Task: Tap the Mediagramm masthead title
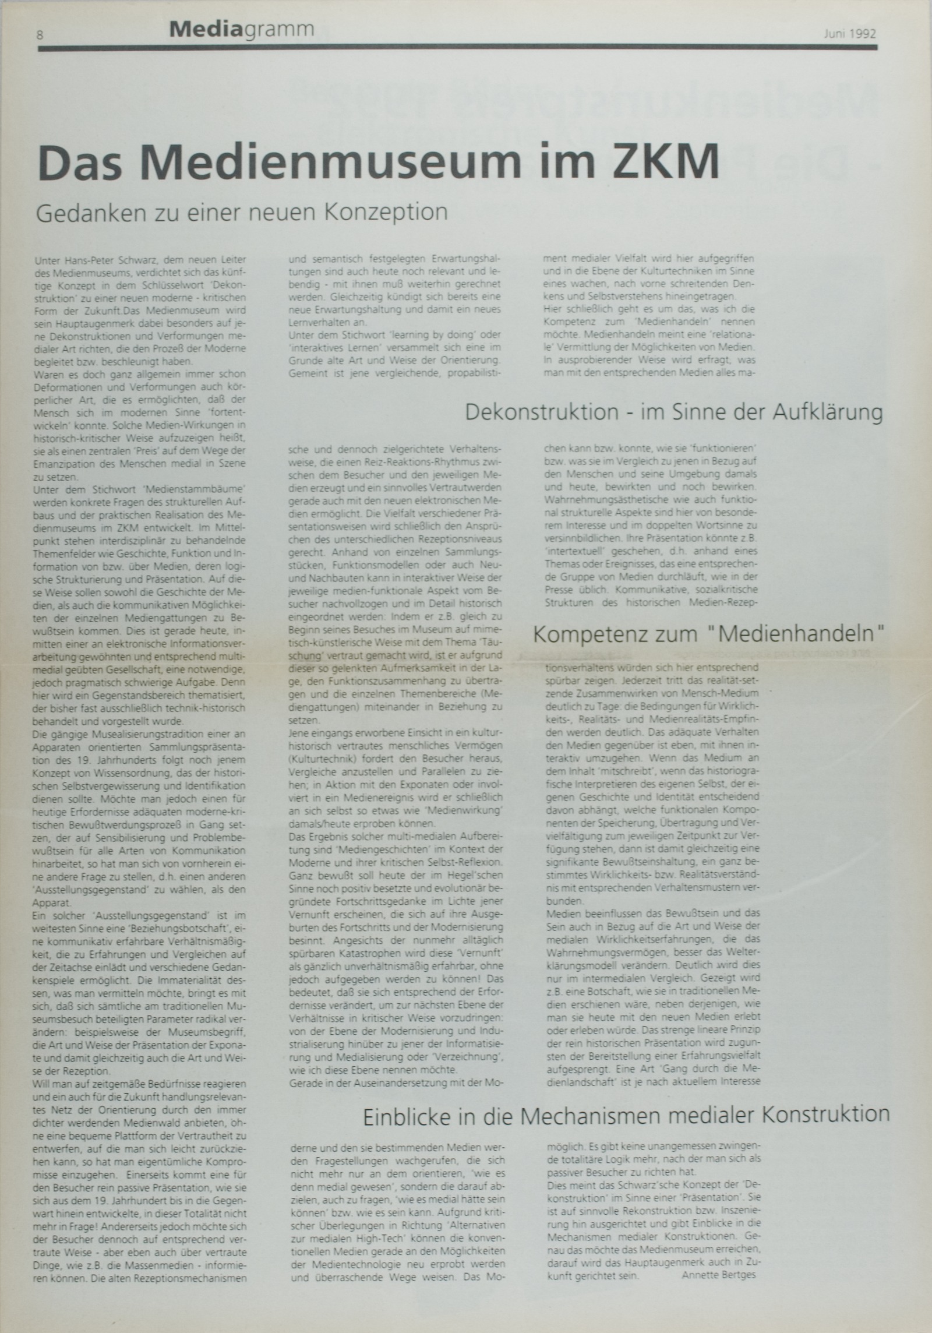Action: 241,29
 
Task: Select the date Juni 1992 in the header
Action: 850,33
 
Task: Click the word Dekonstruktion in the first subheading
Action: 542,412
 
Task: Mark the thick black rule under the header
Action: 457,48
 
